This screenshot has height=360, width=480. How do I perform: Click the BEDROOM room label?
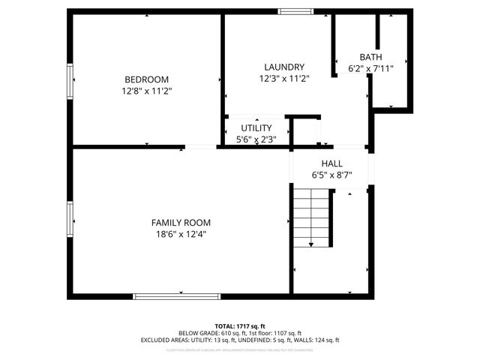tap(146, 79)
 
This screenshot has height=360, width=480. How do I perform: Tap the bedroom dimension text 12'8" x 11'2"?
tap(146, 91)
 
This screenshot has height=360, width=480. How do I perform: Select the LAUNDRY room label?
tap(283, 67)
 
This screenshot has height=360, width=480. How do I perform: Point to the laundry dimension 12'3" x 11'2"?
tap(283, 78)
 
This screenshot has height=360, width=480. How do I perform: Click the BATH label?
tap(370, 57)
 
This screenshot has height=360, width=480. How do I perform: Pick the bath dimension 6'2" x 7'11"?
tap(370, 68)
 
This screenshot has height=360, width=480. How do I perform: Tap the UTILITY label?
tap(256, 128)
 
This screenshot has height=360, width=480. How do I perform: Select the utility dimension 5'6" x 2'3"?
tap(256, 139)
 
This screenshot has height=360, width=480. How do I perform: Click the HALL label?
tap(331, 163)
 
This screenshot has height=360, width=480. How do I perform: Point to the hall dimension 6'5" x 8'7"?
tap(331, 175)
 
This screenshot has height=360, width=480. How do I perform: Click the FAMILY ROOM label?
tap(181, 223)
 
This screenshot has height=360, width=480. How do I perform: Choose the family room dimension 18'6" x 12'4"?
tap(181, 234)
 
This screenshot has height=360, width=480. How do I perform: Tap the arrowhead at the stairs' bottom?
tap(311, 244)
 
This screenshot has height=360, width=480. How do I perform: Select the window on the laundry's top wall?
tap(291, 11)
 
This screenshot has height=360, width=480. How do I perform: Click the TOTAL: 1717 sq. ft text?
tap(240, 326)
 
